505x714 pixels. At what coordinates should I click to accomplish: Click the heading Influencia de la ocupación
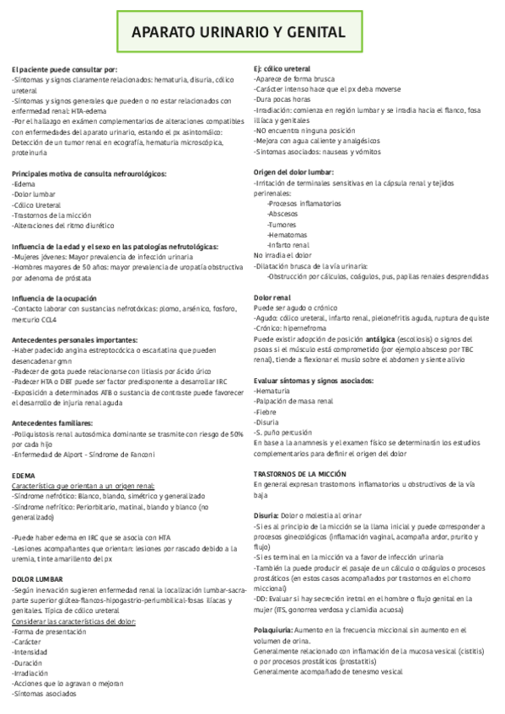tap(55, 299)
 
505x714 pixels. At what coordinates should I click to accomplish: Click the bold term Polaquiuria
tap(277, 630)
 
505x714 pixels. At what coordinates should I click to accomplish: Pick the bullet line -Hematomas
tap(287, 235)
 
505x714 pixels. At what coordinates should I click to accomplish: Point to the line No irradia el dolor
tap(282, 255)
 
